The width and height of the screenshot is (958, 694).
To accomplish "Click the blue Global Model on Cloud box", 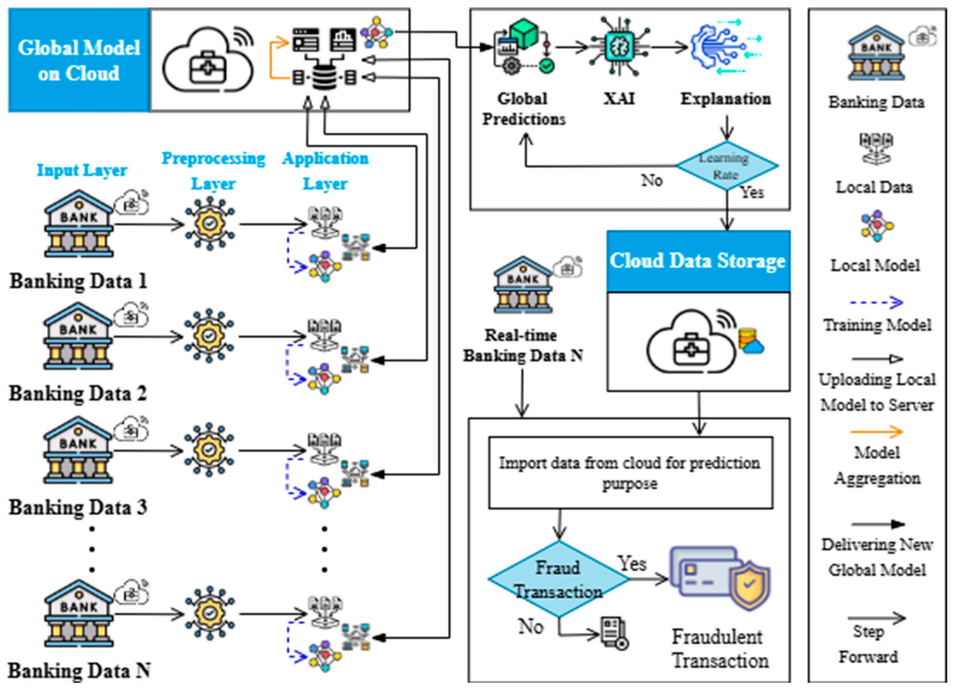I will (79, 60).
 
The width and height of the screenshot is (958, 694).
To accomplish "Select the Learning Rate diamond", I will (727, 166).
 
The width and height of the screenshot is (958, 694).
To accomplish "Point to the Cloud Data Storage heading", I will (698, 261).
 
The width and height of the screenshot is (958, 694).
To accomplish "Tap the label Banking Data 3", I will (78, 507).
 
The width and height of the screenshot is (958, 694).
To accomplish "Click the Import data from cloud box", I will (630, 472).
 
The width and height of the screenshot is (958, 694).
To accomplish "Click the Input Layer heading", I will (82, 170).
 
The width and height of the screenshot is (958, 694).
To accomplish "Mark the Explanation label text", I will (725, 99).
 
